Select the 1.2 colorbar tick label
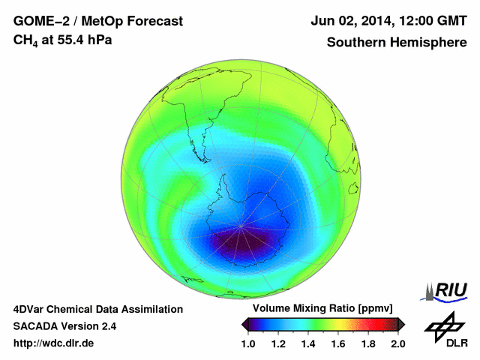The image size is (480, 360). [x=279, y=343]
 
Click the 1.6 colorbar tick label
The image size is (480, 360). [x=338, y=343]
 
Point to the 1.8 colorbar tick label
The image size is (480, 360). [x=367, y=343]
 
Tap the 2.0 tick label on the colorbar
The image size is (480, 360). [x=397, y=343]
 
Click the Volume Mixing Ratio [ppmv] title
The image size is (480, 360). [x=319, y=309]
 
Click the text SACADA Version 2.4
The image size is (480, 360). [x=64, y=326]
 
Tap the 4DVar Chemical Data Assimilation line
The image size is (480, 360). [x=97, y=309]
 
